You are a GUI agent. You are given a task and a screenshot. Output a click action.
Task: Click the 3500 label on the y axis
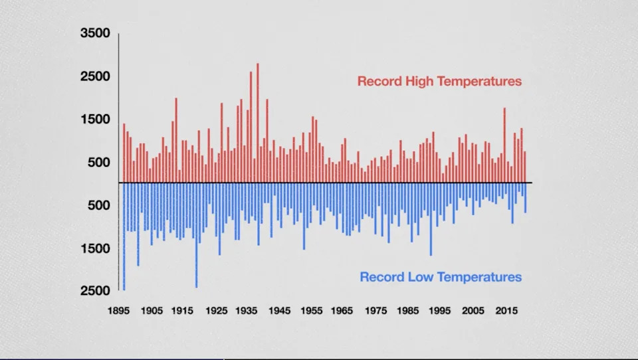click(x=95, y=33)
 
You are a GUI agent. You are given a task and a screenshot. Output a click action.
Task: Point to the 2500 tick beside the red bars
click(x=95, y=76)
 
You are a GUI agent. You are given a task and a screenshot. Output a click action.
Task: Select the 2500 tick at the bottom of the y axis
click(x=95, y=291)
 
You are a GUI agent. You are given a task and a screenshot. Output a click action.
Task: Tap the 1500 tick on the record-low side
click(x=95, y=248)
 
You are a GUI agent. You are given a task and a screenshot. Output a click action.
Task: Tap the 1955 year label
click(x=312, y=311)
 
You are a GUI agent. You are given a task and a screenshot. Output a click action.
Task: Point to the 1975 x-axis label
click(x=377, y=311)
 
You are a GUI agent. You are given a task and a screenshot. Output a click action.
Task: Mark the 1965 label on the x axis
click(x=344, y=311)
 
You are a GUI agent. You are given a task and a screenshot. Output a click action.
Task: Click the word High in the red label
click(x=417, y=82)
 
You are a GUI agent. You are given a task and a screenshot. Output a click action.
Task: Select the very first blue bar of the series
click(x=124, y=236)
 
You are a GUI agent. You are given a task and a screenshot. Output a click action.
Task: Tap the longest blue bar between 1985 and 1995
click(x=431, y=219)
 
